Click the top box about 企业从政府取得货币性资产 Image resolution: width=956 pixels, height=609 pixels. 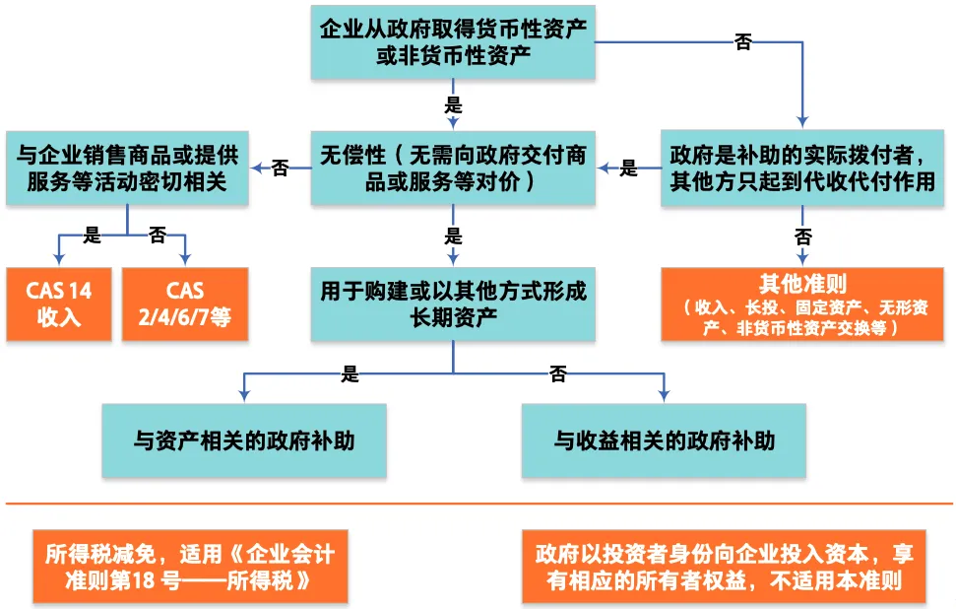(x=453, y=41)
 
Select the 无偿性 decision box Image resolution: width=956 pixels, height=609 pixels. (x=453, y=169)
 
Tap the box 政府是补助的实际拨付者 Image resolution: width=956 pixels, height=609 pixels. (x=802, y=169)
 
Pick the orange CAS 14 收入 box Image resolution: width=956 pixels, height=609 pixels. (x=58, y=304)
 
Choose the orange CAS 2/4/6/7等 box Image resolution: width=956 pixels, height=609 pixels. (x=184, y=304)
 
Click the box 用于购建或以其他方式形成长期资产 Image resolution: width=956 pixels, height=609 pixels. (x=453, y=304)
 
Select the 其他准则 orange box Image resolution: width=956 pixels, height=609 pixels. (x=802, y=304)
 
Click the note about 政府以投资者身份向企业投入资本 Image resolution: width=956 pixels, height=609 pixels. (x=725, y=568)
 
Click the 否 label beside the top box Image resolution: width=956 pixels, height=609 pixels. (x=744, y=41)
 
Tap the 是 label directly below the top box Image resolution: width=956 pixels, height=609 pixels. (x=454, y=104)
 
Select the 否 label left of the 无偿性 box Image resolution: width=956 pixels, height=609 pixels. (x=280, y=169)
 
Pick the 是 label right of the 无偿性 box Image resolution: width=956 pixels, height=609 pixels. (x=628, y=169)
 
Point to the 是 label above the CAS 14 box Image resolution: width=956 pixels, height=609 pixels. (x=93, y=235)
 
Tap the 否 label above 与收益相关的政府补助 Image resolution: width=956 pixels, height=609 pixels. (x=558, y=373)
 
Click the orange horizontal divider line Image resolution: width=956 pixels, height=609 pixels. (x=478, y=505)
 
